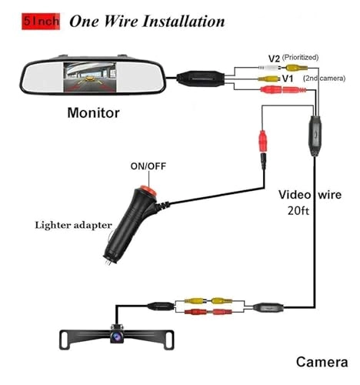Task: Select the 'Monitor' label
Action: [94, 113]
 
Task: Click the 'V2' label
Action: [275, 58]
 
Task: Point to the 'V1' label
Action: [288, 79]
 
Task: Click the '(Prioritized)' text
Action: [300, 58]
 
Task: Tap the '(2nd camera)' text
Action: [325, 79]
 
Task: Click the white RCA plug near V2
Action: [265, 68]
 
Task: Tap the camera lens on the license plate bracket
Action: [116, 336]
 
